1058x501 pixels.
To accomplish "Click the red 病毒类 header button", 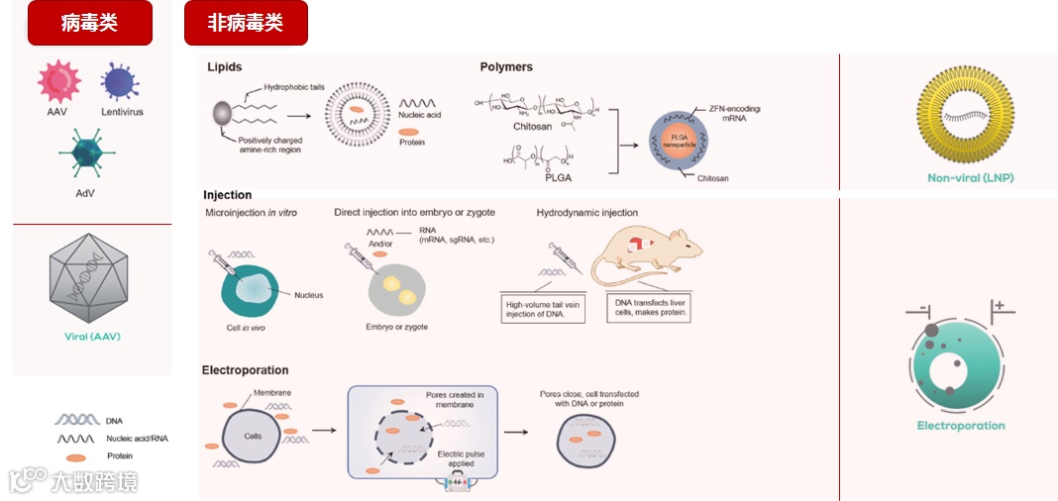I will [89, 23].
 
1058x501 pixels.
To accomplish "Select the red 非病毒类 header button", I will [246, 23].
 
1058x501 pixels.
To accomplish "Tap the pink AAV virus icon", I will [58, 82].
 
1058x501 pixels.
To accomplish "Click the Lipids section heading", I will [224, 67].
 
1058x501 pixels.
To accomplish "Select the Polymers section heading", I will [506, 67].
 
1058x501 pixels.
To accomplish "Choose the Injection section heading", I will [228, 195].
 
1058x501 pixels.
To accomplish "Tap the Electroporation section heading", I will [245, 370].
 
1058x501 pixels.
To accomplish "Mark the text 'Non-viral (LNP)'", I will [971, 178].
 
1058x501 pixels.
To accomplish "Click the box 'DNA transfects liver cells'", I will [652, 308].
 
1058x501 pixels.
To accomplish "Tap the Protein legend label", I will [120, 455].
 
